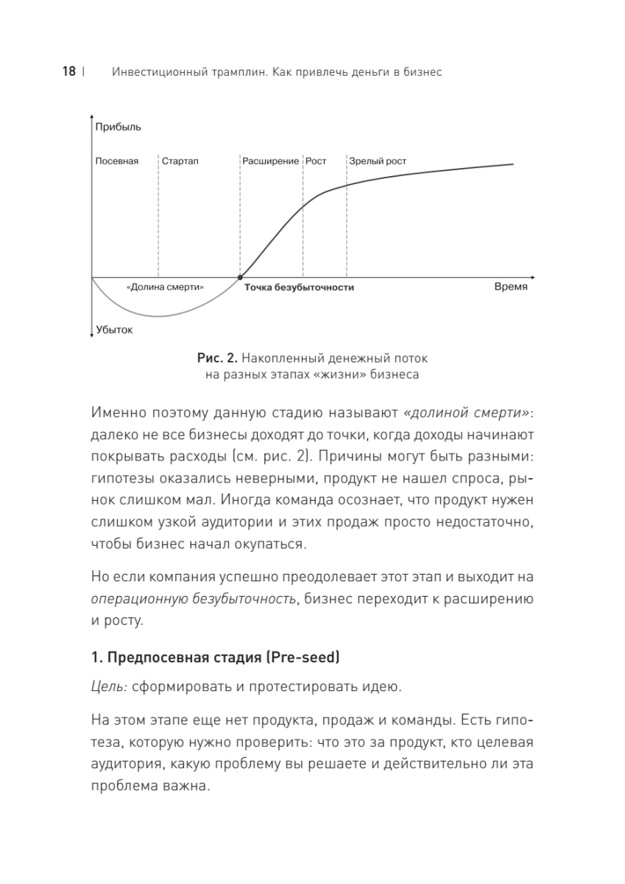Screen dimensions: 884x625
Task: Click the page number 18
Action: click(x=69, y=72)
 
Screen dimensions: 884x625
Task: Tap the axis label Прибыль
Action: click(x=118, y=127)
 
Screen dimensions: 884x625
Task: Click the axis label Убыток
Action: click(x=114, y=330)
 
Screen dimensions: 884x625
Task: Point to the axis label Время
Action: click(x=510, y=287)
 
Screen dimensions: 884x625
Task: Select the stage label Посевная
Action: click(x=117, y=161)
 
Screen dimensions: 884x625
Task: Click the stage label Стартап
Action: click(x=180, y=161)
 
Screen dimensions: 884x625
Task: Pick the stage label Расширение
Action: click(x=270, y=161)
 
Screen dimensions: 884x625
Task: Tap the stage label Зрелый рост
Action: click(x=378, y=161)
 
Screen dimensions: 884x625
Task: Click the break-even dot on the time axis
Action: click(x=240, y=278)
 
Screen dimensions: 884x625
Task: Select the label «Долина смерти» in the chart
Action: click(x=165, y=287)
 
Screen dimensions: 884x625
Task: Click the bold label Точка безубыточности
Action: click(x=300, y=287)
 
